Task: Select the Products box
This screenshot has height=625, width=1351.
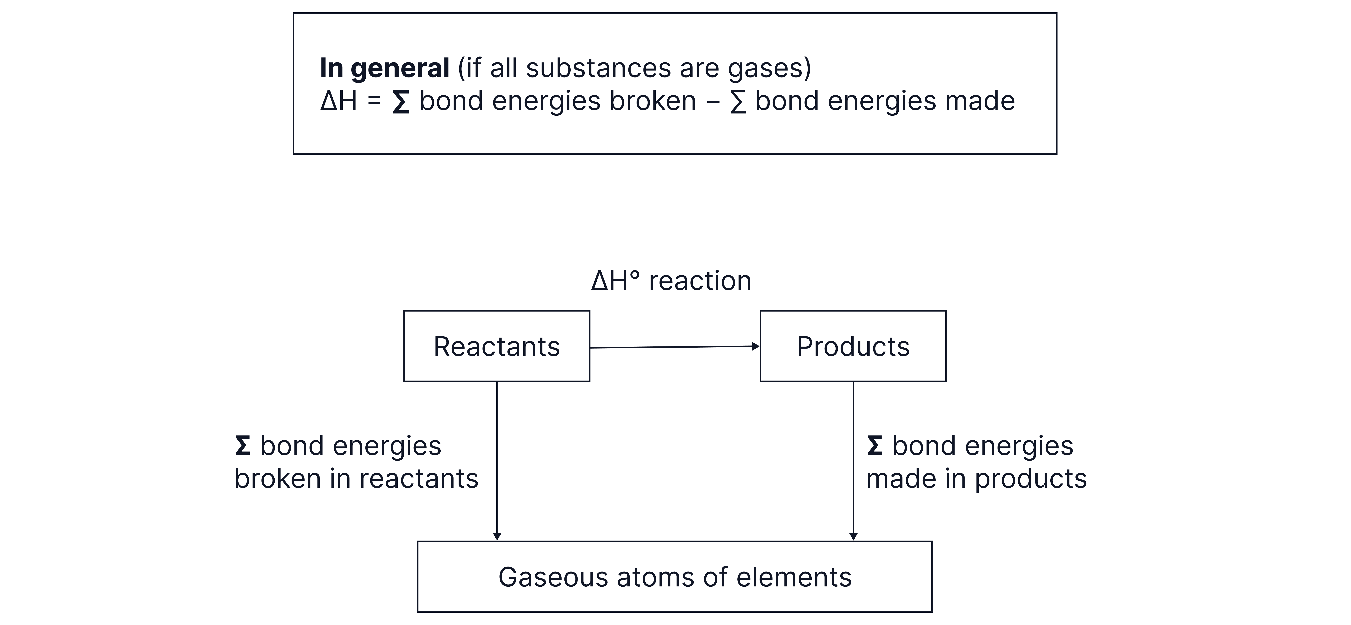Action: [x=853, y=346]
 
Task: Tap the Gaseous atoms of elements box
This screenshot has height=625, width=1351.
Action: [x=675, y=577]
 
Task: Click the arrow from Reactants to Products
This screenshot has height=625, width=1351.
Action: [x=675, y=347]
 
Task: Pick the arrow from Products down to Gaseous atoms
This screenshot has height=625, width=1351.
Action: [x=853, y=461]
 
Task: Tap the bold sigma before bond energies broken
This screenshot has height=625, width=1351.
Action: [x=401, y=102]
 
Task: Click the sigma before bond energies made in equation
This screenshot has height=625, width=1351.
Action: [x=738, y=102]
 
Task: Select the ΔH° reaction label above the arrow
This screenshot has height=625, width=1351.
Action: [x=671, y=281]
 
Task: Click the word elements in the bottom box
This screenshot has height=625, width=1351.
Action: [x=794, y=577]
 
